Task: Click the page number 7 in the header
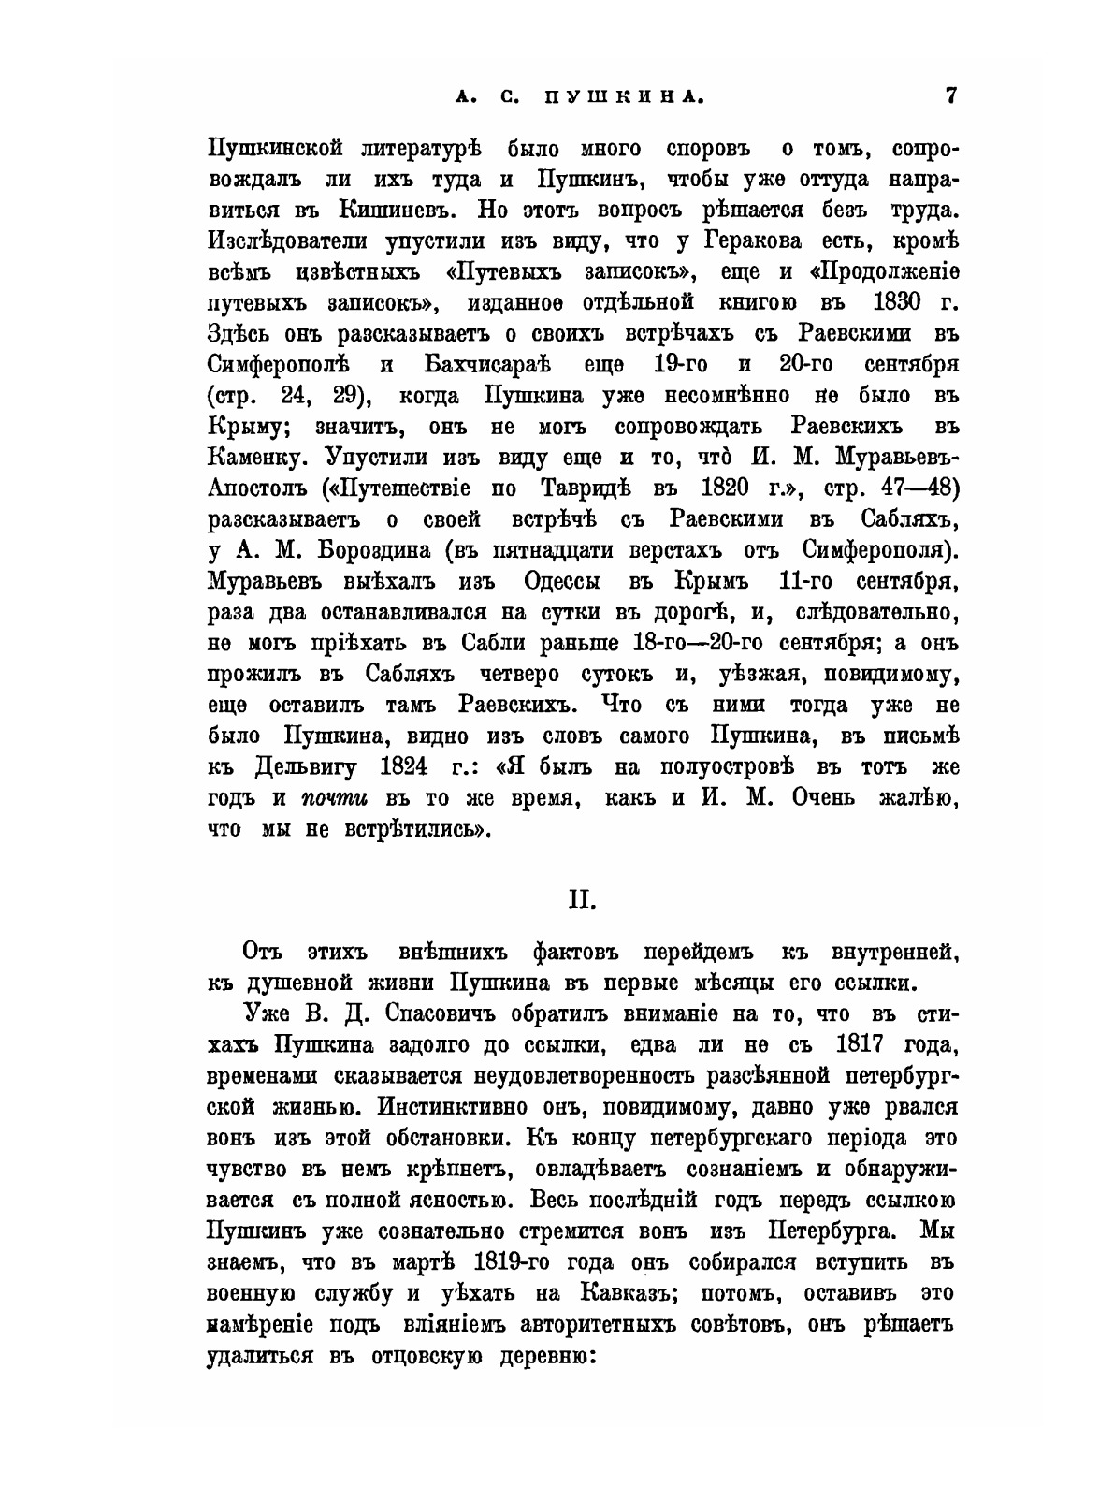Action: pos(950,95)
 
